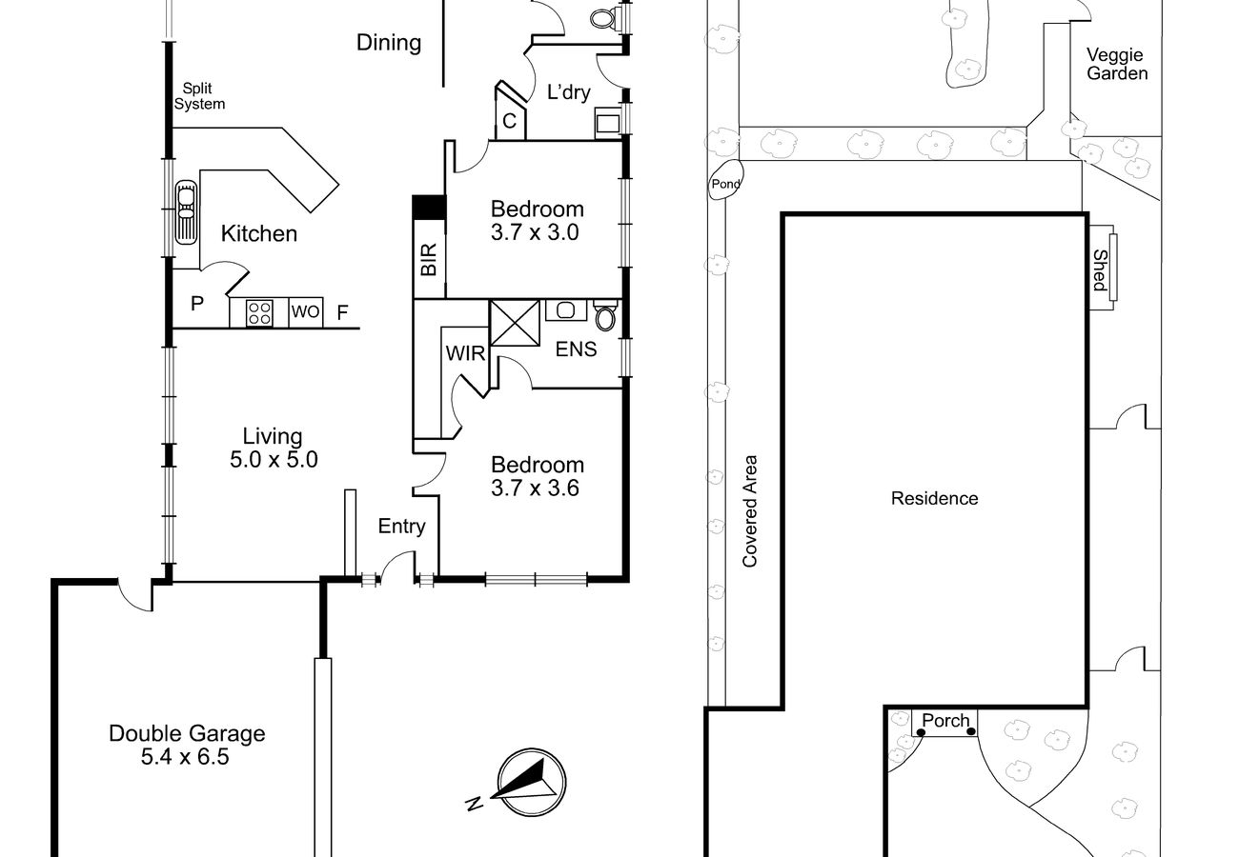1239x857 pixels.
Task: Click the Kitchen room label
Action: (259, 233)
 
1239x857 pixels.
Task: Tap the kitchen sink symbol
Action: (186, 212)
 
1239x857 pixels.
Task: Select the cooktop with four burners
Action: (259, 312)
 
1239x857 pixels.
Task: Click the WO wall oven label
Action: (305, 311)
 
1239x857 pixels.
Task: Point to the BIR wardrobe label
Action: (429, 259)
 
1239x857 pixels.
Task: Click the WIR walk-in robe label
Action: (465, 353)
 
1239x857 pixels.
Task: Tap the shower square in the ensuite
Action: (515, 323)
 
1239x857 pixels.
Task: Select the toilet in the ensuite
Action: (605, 315)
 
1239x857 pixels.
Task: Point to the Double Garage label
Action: (187, 733)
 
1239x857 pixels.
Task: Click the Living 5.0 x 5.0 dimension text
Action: (274, 460)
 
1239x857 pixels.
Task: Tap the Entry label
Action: (401, 526)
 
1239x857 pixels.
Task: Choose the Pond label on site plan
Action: (725, 184)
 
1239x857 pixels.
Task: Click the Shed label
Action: (1100, 270)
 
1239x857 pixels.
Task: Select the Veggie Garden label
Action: (1117, 64)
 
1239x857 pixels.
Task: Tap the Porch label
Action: (945, 721)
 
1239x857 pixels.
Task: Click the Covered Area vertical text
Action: (749, 511)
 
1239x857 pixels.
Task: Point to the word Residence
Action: (934, 498)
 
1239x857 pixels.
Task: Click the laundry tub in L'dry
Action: (608, 123)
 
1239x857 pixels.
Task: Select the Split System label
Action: (199, 96)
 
